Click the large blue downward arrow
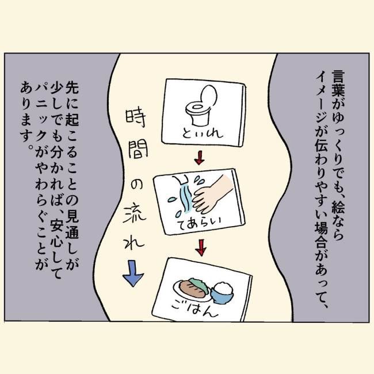point(132,274)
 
